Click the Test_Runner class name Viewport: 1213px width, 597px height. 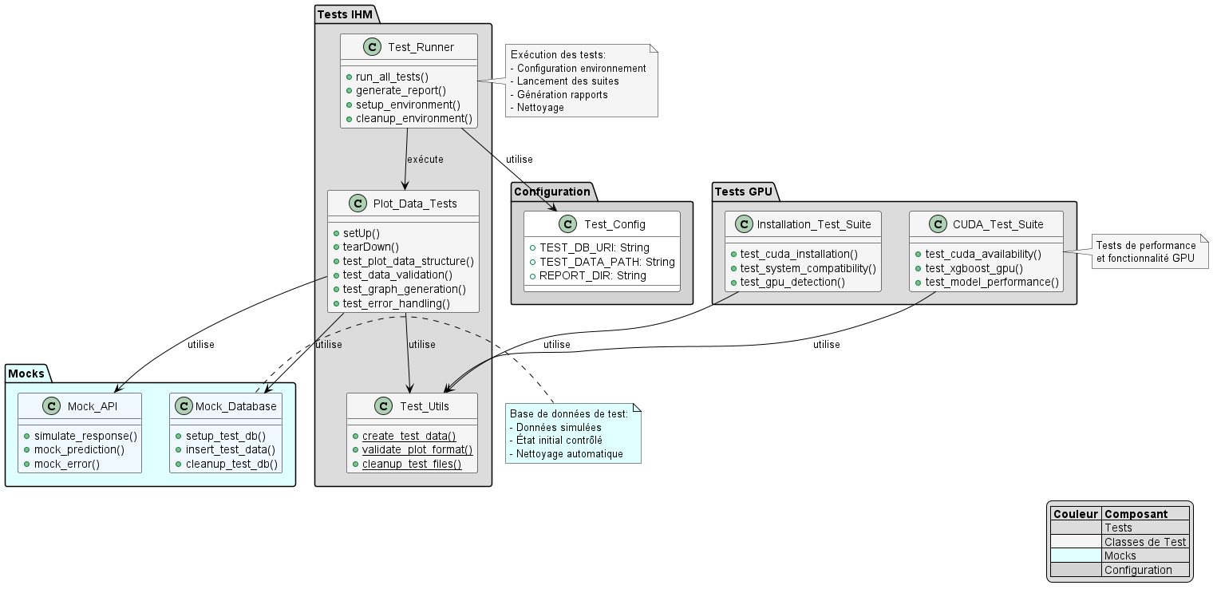421,47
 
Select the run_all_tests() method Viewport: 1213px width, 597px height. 392,77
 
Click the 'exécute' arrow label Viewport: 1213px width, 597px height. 425,159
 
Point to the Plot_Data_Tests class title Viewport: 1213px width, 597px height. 415,204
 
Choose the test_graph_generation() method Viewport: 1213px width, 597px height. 405,289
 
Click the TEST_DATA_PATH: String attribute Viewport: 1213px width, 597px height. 606,262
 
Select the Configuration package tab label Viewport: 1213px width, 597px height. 551,192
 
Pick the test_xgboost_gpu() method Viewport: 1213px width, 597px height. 974,268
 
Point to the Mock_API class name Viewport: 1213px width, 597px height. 92,406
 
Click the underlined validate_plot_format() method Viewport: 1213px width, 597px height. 417,449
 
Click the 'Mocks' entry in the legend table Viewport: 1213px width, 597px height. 1120,555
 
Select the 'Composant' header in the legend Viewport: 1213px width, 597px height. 1136,515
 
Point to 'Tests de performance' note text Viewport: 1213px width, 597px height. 1145,245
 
